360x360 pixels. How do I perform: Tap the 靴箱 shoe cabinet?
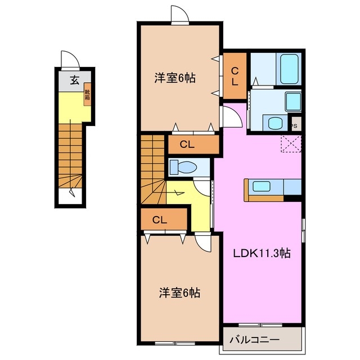click(88, 96)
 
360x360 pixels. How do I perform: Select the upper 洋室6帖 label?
click(175, 79)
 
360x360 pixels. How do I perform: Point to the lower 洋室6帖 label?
click(179, 292)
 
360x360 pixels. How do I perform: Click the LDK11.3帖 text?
click(262, 253)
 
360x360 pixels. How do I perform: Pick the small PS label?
click(294, 126)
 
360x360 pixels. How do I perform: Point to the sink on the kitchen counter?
click(262, 187)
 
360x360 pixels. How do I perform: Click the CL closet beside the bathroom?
click(235, 75)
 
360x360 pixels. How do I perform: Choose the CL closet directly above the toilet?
click(187, 145)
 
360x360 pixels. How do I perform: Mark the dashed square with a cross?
click(291, 144)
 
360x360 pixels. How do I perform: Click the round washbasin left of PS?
click(274, 124)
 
